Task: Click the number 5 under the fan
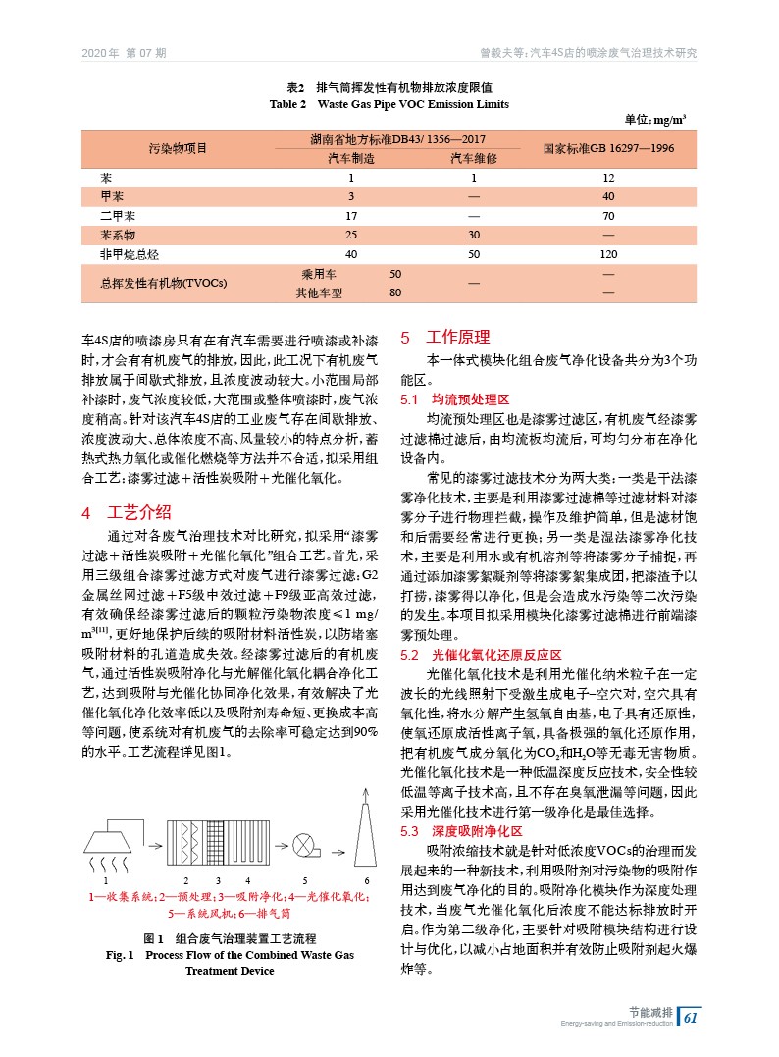pos(305,879)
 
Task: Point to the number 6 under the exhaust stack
pos(367,879)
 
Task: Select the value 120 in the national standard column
pos(608,254)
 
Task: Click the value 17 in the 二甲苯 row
pos(350,216)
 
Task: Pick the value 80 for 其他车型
pos(395,292)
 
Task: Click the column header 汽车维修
pos(473,158)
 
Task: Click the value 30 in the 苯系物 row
pos(473,236)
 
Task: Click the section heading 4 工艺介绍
pos(127,512)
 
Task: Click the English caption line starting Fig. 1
pos(230,954)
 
